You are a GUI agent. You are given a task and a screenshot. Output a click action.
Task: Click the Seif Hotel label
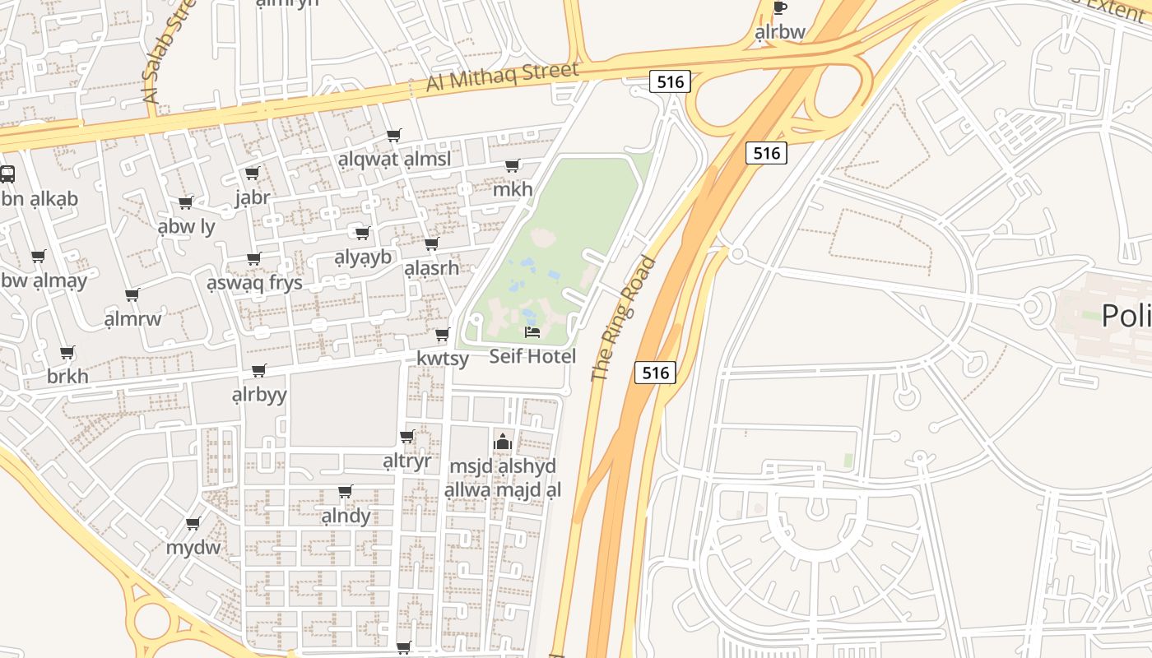(x=532, y=356)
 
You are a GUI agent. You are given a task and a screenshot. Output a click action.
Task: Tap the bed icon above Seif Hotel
(x=532, y=332)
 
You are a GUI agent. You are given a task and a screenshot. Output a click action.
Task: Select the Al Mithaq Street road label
(x=502, y=77)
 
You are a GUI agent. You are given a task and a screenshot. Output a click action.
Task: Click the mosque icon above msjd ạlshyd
(x=502, y=443)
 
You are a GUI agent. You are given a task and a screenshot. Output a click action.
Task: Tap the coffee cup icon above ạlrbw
(x=779, y=8)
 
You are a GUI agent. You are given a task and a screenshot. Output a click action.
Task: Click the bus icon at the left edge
(x=7, y=174)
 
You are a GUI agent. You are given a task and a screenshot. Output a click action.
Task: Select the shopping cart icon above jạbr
(x=253, y=174)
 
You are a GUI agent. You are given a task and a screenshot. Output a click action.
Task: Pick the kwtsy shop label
(x=443, y=358)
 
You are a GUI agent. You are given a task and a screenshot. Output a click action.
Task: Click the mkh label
(x=513, y=189)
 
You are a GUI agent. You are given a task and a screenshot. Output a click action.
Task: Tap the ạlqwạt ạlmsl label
(x=394, y=159)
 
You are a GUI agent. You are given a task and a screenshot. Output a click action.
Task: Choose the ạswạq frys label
(x=254, y=282)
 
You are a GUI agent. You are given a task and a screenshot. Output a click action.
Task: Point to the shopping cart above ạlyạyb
(x=362, y=234)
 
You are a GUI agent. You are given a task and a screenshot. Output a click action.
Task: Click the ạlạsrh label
(x=431, y=268)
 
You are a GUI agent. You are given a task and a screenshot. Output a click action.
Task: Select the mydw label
(x=193, y=547)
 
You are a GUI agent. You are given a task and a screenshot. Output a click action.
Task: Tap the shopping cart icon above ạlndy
(x=346, y=492)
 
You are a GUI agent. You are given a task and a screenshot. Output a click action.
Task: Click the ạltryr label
(x=406, y=461)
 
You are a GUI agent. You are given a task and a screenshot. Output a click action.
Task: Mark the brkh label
(x=67, y=376)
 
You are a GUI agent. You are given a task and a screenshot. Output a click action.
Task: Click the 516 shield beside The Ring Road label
(x=656, y=373)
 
